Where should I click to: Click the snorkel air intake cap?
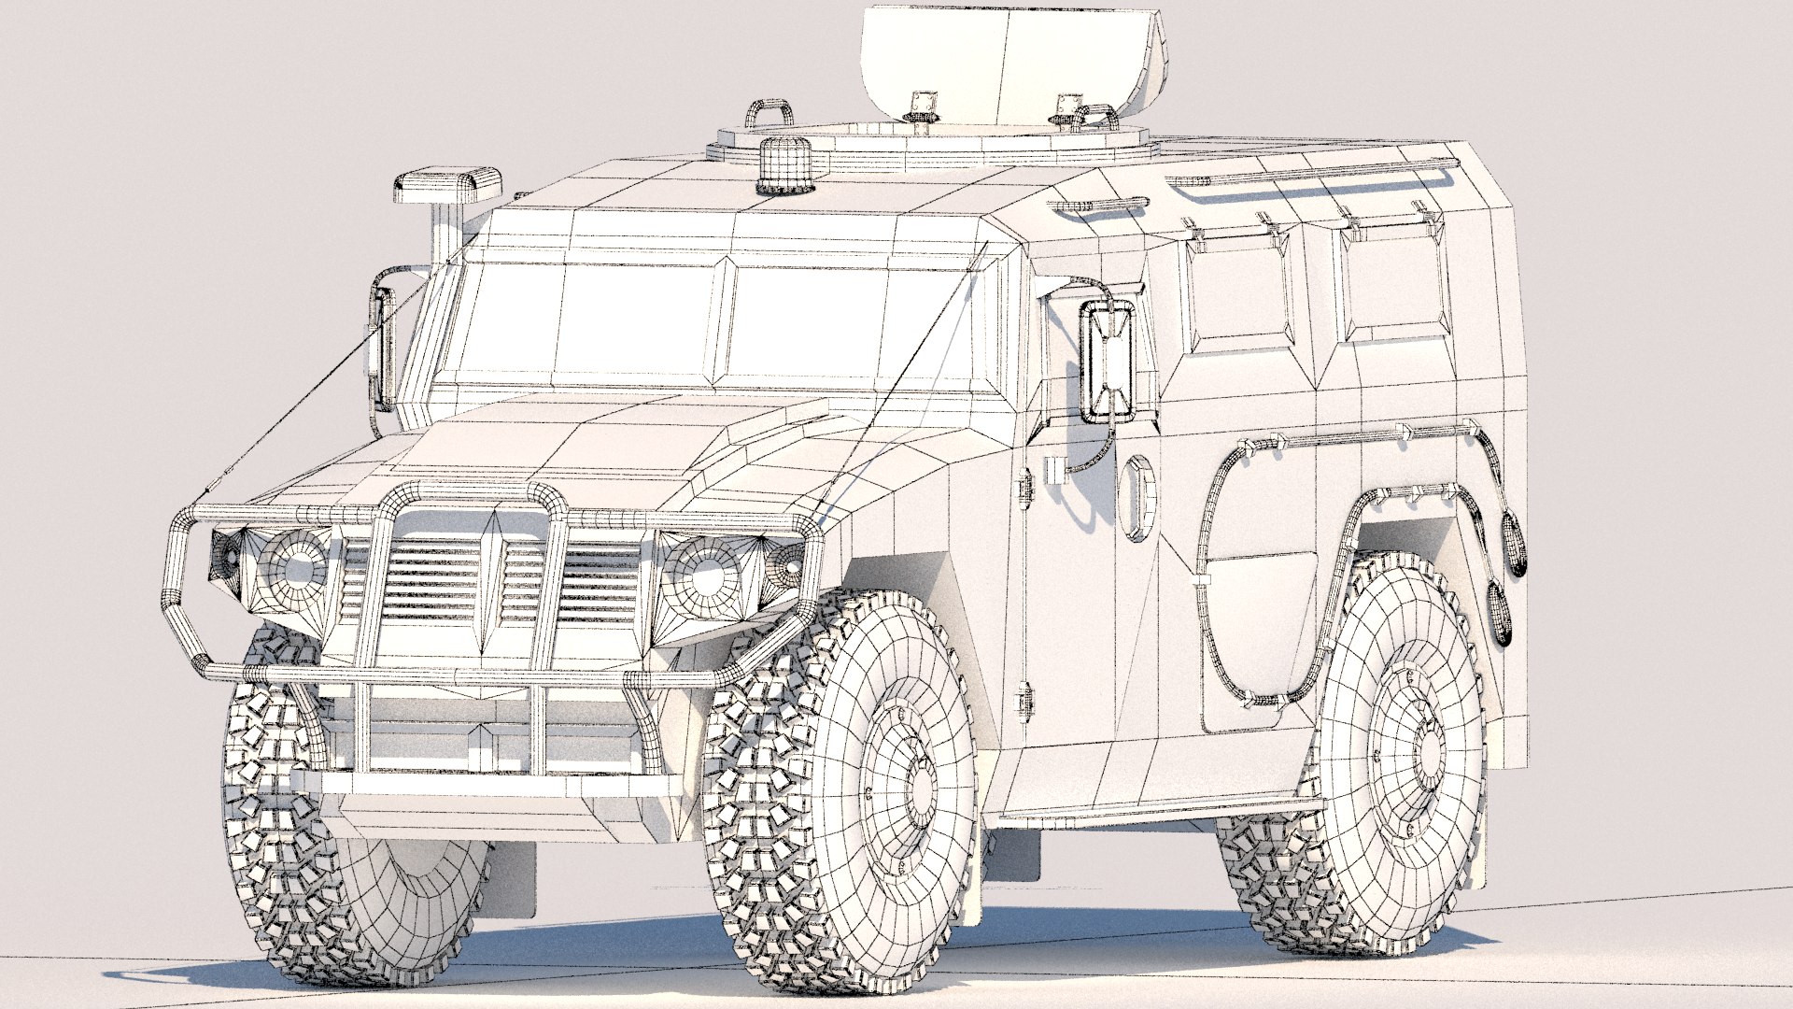[446, 183]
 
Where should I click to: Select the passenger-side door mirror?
[1108, 360]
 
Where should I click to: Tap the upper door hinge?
[1024, 488]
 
